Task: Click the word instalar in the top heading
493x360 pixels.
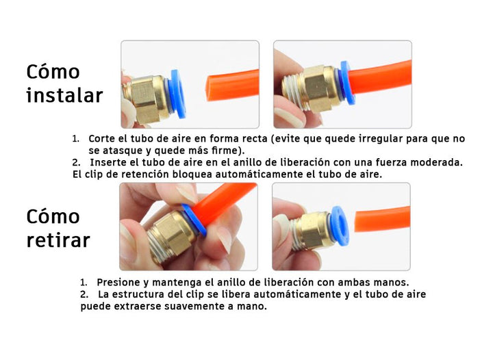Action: pos(64,95)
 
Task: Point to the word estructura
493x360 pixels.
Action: pos(144,294)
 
